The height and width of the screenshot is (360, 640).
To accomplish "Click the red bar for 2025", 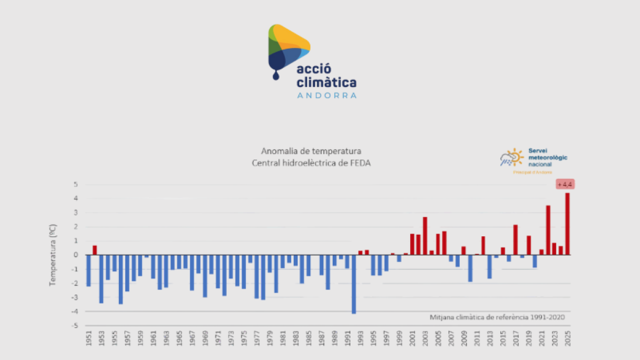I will [567, 224].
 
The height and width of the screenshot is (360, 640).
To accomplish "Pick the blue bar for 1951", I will [89, 270].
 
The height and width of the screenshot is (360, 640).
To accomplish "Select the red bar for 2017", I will [516, 240].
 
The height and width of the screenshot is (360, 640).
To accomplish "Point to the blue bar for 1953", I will [101, 279].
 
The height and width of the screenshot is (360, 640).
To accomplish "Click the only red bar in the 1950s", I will [95, 250].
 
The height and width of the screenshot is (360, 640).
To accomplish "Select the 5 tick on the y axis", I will [76, 185].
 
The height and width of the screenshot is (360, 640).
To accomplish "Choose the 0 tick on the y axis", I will [76, 255].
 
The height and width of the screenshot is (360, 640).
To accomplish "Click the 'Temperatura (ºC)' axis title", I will [53, 255].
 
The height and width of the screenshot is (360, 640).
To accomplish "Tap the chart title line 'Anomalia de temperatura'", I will [311, 151].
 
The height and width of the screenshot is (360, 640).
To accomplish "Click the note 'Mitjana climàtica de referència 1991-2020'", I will [497, 317].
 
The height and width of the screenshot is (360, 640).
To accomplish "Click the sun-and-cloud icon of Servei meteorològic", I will [511, 158].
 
